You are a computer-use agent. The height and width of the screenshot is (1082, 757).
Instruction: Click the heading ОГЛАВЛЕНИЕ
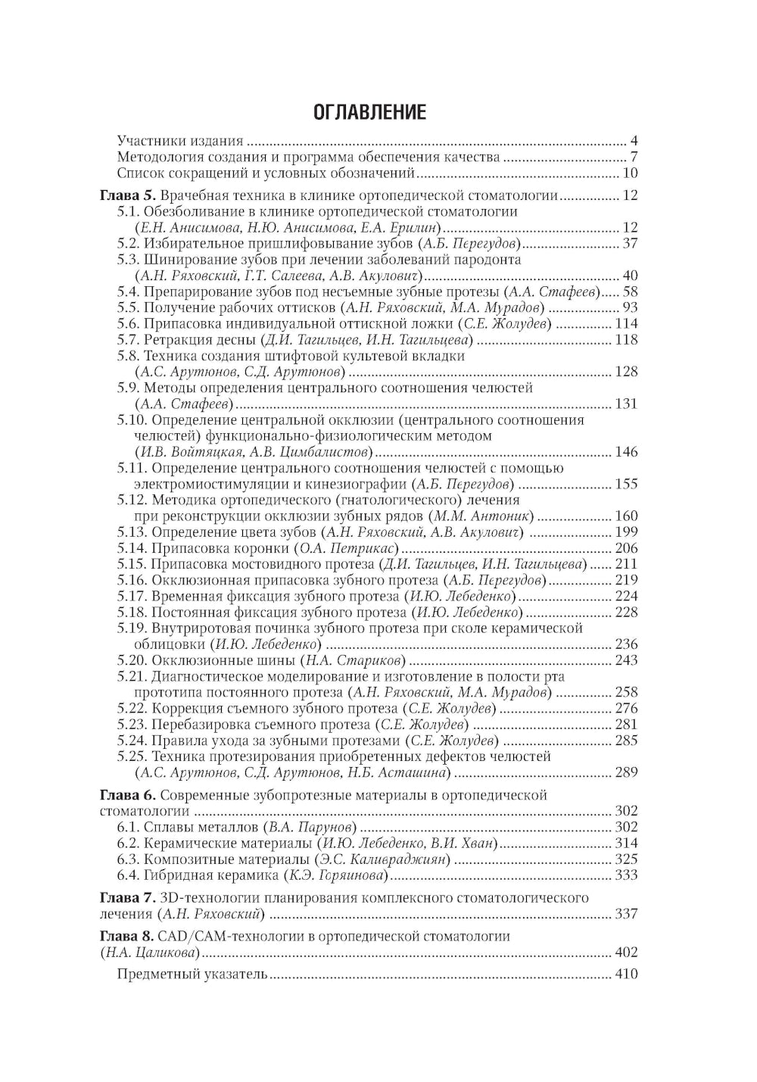pyautogui.click(x=370, y=113)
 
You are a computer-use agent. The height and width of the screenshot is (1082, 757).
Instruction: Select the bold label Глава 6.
pyautogui.click(x=126, y=795)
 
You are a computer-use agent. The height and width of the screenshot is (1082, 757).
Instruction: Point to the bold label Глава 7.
pyautogui.click(x=126, y=898)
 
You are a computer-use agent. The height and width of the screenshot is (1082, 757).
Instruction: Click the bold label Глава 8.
pyautogui.click(x=126, y=937)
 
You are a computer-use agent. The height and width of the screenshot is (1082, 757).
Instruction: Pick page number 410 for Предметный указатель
pyautogui.click(x=627, y=974)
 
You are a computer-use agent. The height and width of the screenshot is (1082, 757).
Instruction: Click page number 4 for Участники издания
pyautogui.click(x=634, y=141)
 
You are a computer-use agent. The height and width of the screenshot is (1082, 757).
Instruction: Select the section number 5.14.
pyautogui.click(x=132, y=548)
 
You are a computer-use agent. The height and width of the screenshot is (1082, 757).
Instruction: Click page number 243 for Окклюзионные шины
pyautogui.click(x=627, y=660)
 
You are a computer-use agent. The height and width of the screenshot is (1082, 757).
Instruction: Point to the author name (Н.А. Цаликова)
pyautogui.click(x=150, y=953)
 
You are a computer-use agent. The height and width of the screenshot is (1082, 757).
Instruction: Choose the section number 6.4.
pyautogui.click(x=129, y=875)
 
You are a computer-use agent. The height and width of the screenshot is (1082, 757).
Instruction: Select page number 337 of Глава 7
pyautogui.click(x=627, y=914)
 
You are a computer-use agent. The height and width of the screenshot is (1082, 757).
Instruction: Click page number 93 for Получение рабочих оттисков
pyautogui.click(x=630, y=307)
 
